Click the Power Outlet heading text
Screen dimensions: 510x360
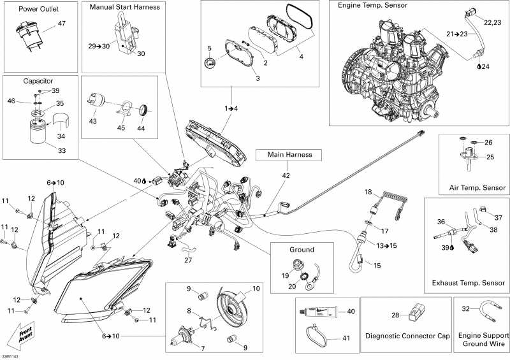pyautogui.click(x=38, y=9)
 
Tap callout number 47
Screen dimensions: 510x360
pyautogui.click(x=61, y=24)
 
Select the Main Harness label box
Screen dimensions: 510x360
pyautogui.click(x=289, y=155)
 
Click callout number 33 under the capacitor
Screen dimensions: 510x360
pyautogui.click(x=62, y=150)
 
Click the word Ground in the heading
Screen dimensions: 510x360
pyautogui.click(x=302, y=250)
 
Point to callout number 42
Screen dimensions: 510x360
pyautogui.click(x=286, y=176)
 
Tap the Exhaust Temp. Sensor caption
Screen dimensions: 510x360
pyautogui.click(x=469, y=283)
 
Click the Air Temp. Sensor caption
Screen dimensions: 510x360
pyautogui.click(x=477, y=187)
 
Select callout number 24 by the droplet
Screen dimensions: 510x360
pyautogui.click(x=485, y=66)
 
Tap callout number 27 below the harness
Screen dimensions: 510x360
pyautogui.click(x=188, y=260)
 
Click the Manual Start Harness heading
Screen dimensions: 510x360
pyautogui.click(x=124, y=7)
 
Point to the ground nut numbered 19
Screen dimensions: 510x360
pyautogui.click(x=296, y=264)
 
